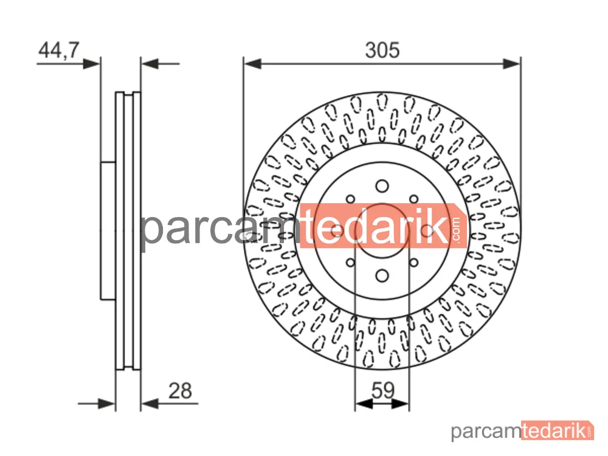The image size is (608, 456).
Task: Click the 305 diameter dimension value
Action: (382, 50)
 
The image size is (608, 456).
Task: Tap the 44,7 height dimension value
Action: (59, 50)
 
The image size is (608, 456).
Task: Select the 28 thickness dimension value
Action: (181, 391)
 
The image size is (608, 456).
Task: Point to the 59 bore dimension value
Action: (382, 390)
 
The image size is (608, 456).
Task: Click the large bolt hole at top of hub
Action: (382, 186)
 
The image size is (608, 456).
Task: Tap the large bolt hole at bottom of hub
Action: (382, 276)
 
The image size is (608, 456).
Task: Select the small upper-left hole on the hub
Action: (351, 199)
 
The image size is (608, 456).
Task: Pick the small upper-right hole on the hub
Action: (413, 199)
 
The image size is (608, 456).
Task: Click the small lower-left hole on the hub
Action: (351, 263)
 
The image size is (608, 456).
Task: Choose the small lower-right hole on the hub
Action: (413, 263)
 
